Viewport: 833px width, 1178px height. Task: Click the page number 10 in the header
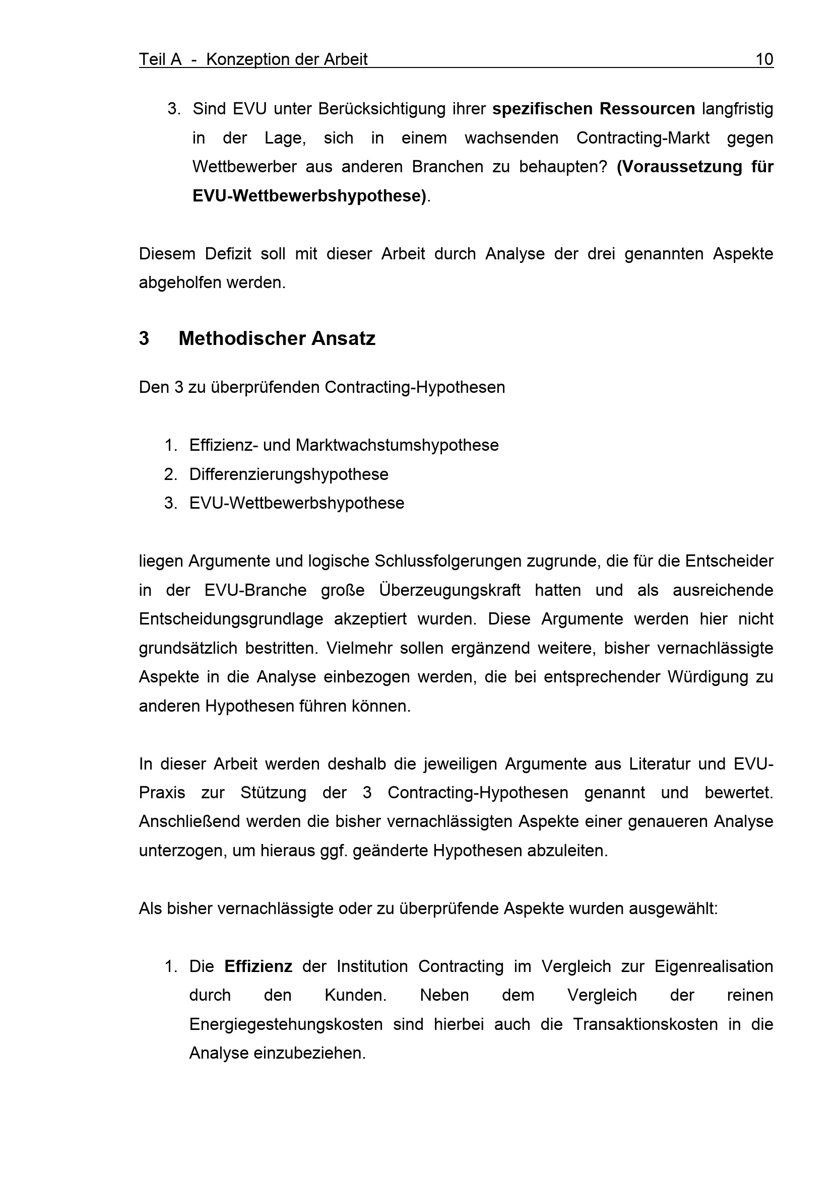point(764,59)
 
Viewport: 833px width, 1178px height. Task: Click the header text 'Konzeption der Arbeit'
point(286,59)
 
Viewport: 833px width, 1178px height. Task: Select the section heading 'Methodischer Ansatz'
point(277,338)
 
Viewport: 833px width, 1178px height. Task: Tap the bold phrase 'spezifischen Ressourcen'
point(593,109)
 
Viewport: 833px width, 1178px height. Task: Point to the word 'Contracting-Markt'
point(643,138)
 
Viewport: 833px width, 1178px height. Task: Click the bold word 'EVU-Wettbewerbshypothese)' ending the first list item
point(309,196)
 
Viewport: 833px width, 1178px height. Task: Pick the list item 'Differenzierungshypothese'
point(288,474)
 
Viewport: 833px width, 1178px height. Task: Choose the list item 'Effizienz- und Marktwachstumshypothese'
point(343,445)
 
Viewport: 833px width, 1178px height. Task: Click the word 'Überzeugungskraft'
point(450,590)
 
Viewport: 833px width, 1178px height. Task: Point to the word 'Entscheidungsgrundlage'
point(231,619)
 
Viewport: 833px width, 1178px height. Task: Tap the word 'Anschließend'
point(189,821)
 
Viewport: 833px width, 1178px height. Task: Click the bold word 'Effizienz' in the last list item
point(258,966)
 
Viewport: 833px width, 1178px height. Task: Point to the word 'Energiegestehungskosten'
point(286,1024)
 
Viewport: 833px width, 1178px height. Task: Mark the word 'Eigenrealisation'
point(714,966)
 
